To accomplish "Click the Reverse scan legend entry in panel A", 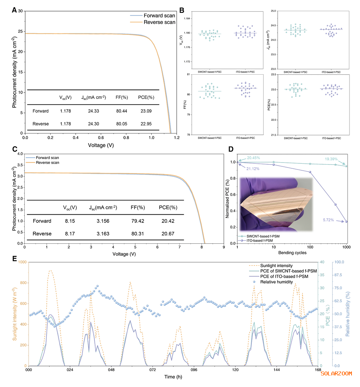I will click(159, 22).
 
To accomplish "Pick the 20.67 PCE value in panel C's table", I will click(168, 234).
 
